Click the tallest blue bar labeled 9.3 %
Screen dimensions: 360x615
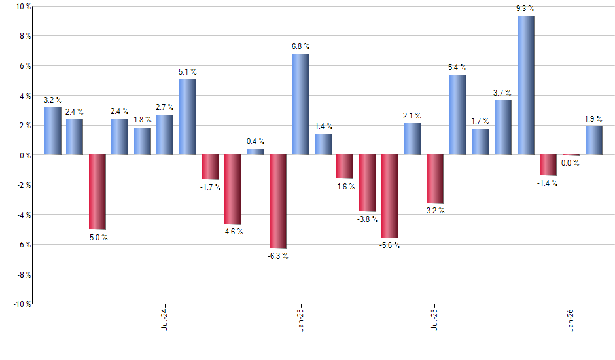tap(525, 85)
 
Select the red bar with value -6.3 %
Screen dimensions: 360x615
tap(278, 202)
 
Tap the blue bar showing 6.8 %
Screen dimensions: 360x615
tap(300, 104)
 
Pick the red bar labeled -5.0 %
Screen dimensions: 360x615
tap(97, 192)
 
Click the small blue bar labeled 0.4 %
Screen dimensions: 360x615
tap(255, 152)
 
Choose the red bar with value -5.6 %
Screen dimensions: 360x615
tap(390, 196)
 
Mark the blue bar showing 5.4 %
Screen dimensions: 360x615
tap(458, 115)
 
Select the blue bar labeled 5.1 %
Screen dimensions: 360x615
tap(188, 117)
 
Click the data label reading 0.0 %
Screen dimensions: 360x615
tap(571, 163)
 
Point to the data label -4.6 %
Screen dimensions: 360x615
tap(232, 231)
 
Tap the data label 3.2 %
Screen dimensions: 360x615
tap(53, 100)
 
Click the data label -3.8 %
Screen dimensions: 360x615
tap(367, 219)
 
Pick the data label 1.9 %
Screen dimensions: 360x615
tap(594, 119)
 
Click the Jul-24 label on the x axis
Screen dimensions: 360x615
tap(164, 318)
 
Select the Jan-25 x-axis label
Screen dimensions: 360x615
tap(300, 318)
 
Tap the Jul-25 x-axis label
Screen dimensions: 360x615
tap(435, 318)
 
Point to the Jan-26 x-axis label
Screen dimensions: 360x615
tap(571, 318)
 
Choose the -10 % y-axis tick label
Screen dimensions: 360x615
tap(21, 304)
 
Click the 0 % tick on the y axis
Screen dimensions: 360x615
tap(24, 155)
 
